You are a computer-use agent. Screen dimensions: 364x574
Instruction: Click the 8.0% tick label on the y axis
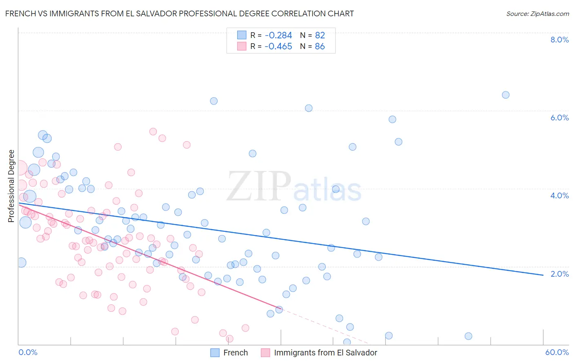559,40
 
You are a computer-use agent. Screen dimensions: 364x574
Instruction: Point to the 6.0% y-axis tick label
559,118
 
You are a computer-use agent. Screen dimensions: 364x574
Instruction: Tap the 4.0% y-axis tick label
559,195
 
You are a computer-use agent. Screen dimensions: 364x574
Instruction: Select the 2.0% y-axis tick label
559,274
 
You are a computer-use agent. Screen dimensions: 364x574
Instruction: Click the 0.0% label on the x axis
28,352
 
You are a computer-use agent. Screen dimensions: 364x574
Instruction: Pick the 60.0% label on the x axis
557,352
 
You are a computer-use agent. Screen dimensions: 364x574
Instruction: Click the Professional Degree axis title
11,186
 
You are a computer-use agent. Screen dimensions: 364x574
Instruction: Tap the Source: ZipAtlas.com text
537,13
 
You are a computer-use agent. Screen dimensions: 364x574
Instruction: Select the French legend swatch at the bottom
215,353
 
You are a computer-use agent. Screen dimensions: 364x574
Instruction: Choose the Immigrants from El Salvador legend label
325,353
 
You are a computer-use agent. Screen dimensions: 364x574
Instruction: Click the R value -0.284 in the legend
278,35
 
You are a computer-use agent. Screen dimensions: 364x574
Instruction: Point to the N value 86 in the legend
320,47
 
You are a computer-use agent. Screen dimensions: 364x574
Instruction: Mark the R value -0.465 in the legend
278,47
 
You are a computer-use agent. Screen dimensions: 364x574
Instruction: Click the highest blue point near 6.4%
505,95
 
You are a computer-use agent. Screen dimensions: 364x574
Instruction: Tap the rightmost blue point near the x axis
468,336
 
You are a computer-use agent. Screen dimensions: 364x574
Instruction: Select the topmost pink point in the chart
153,131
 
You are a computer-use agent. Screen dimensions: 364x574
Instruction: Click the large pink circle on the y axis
20,168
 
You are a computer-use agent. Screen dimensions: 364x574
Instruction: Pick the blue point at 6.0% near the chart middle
309,108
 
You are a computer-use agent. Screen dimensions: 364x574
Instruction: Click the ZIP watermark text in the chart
258,186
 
